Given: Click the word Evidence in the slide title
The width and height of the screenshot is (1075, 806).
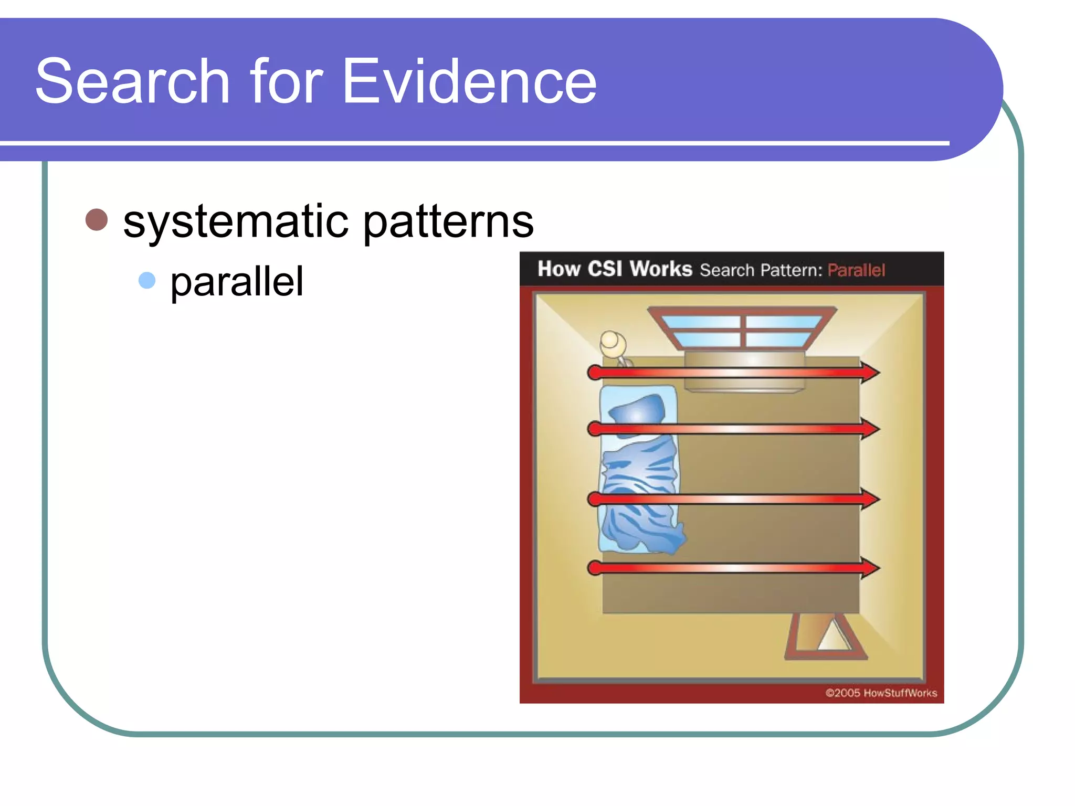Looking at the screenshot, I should point(469,81).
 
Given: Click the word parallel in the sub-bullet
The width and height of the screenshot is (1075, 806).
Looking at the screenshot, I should point(237,282).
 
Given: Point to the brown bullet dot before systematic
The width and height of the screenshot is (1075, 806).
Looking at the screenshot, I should point(97,219).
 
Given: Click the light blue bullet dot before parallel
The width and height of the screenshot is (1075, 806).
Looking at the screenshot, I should point(147,280).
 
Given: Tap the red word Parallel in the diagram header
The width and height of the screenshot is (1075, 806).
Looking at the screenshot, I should point(856,270).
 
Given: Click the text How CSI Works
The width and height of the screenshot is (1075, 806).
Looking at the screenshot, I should point(615,269).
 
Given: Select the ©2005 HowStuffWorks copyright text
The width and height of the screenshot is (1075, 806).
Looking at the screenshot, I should point(881,693).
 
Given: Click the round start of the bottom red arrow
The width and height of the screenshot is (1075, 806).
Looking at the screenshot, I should point(595,568).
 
